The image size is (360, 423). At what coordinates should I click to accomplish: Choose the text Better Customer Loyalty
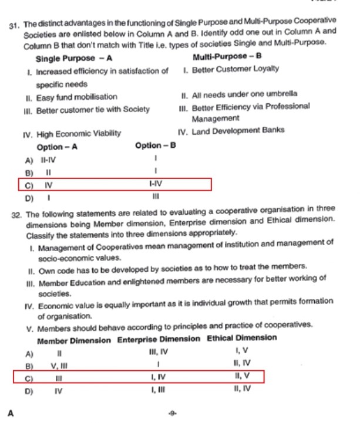235,69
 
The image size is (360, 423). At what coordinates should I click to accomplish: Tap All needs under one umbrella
244,93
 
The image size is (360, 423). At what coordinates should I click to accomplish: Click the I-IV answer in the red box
156,184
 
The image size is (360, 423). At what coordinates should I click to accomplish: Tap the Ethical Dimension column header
241,338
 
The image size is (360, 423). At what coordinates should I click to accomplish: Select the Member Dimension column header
74,340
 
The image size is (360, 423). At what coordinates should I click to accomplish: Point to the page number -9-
172,414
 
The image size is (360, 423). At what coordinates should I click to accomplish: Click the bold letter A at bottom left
11,413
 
